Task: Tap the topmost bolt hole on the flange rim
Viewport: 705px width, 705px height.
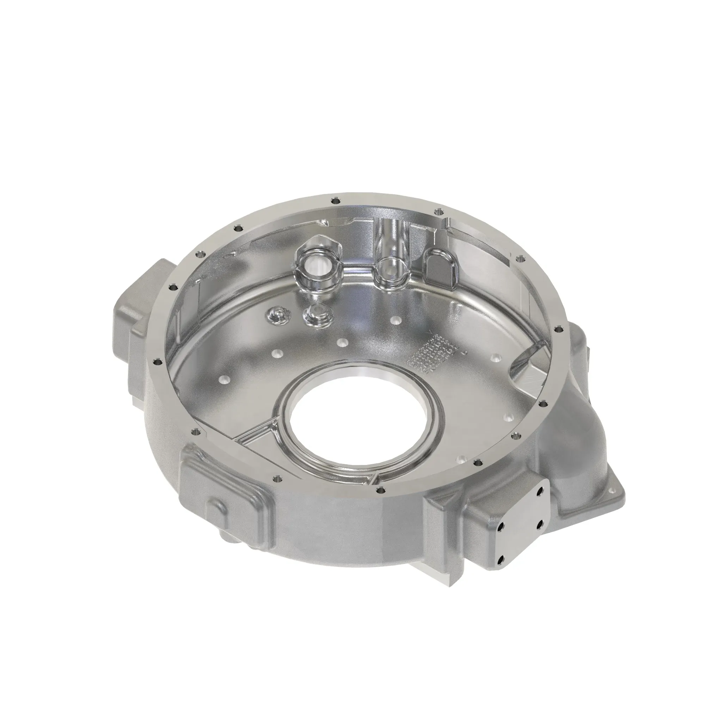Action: (x=335, y=200)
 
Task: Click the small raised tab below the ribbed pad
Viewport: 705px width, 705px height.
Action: (x=217, y=509)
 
